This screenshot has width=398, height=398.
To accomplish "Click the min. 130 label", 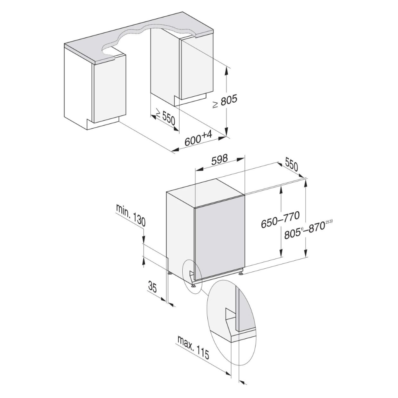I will click(x=131, y=215).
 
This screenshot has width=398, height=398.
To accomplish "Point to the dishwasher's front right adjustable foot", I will click(x=241, y=273).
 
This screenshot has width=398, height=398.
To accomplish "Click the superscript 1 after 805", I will click(x=303, y=228).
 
